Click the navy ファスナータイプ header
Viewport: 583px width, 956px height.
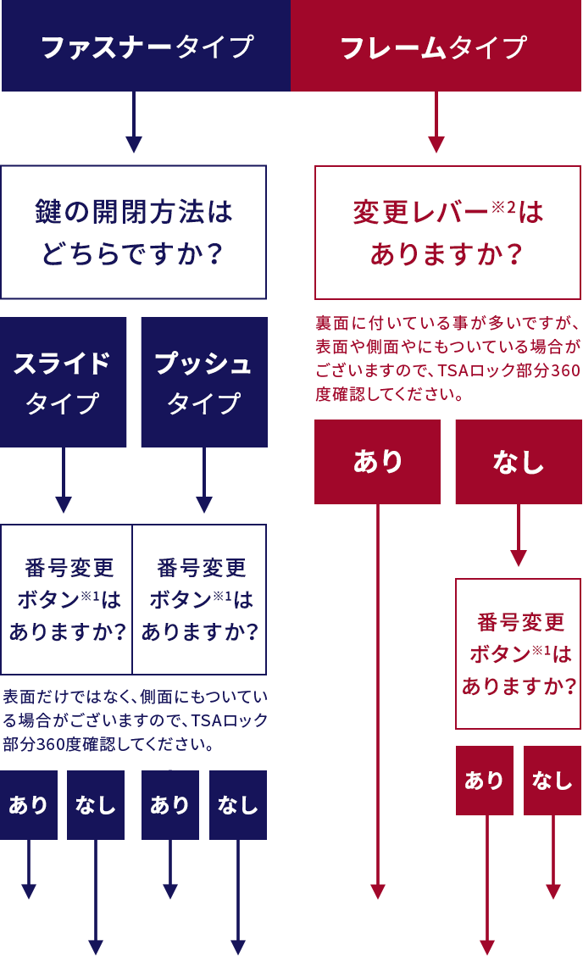[146, 46]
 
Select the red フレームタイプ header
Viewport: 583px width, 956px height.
[436, 46]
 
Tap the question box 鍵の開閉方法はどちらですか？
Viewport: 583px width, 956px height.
[134, 231]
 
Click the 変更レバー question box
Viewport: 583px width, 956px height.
[447, 231]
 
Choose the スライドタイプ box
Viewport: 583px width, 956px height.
[64, 381]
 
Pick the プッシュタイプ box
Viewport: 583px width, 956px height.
[203, 381]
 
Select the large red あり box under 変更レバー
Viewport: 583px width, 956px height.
[377, 462]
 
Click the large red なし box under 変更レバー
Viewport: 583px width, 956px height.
[518, 462]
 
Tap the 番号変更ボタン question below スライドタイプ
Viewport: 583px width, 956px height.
[67, 599]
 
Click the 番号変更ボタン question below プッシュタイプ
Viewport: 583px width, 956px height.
[200, 599]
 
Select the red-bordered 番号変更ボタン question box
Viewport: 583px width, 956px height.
[518, 653]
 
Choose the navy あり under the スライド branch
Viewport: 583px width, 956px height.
[29, 804]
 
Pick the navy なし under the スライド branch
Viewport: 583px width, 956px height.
[95, 804]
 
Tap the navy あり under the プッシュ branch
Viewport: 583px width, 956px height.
[169, 804]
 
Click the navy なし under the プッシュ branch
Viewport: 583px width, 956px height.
[237, 804]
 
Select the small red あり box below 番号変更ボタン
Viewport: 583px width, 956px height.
[484, 780]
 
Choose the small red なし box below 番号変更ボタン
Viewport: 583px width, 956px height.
[552, 780]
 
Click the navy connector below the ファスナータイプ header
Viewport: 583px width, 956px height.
[133, 123]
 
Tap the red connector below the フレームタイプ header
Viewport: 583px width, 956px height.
[436, 123]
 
